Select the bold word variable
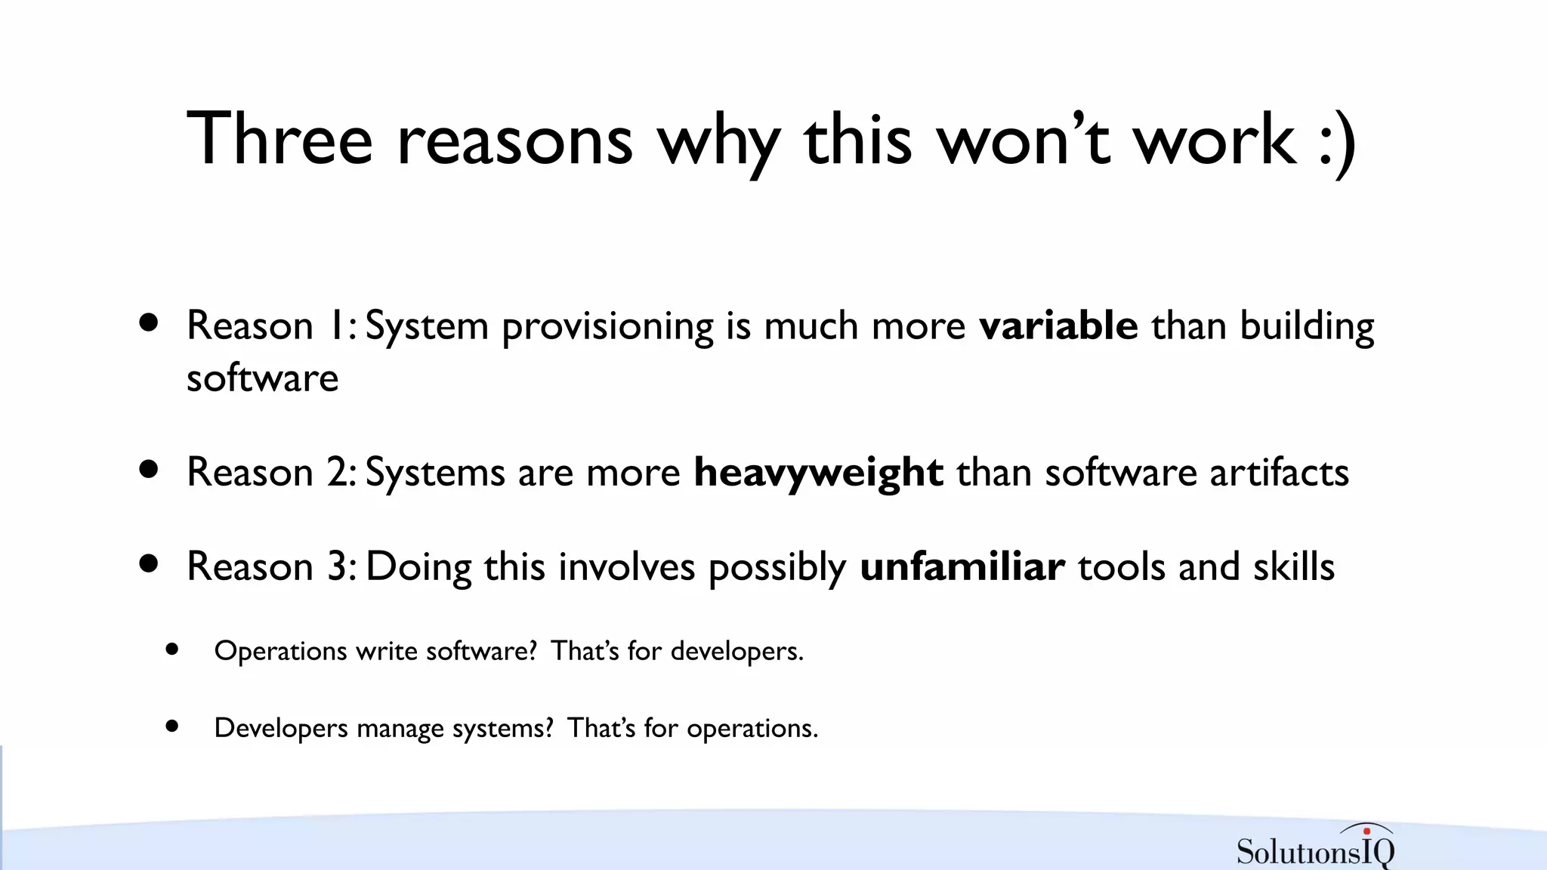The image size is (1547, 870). tap(1058, 326)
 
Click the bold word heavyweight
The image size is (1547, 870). tap(818, 474)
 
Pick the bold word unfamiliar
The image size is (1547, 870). tap(962, 566)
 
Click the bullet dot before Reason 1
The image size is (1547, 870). tap(149, 323)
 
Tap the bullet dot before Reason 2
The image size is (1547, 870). tap(149, 470)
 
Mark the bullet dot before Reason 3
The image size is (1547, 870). tap(149, 563)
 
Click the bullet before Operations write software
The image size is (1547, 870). tap(172, 649)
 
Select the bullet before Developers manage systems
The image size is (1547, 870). tap(172, 727)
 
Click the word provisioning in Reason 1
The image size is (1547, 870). tap(607, 328)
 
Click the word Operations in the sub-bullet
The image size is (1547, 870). tap(280, 652)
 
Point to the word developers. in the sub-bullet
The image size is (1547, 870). tap(736, 651)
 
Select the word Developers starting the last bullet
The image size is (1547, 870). tap(281, 729)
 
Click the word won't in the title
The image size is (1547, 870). tap(1023, 140)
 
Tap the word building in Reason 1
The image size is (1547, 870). tap(1307, 328)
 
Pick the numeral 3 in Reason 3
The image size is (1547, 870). tap(337, 566)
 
